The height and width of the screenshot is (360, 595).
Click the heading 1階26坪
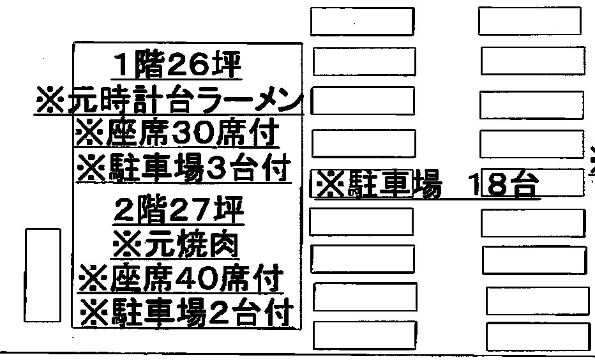(177, 65)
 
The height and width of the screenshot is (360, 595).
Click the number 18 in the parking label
(488, 184)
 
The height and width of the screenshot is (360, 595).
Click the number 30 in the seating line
(197, 133)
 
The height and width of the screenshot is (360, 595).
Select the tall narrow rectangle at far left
(43, 275)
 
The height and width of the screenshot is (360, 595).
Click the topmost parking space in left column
(362, 22)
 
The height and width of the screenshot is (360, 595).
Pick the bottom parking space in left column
(365, 335)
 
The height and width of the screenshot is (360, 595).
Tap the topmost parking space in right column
(530, 21)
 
